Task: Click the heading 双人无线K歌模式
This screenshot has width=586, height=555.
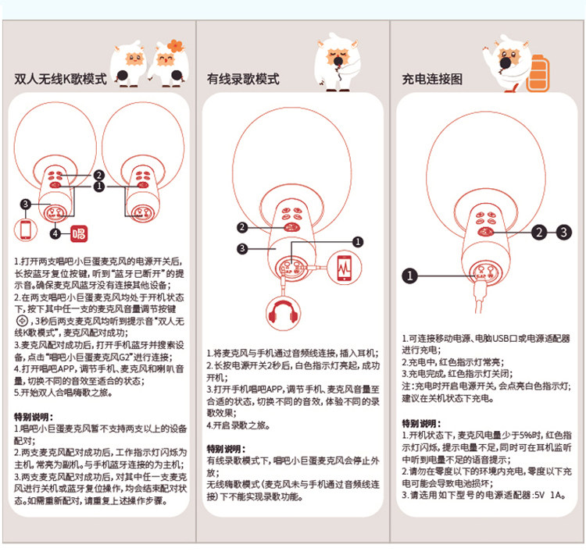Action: coord(60,80)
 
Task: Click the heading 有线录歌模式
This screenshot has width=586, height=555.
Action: coord(243,80)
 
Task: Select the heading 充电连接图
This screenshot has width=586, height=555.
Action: coord(432,80)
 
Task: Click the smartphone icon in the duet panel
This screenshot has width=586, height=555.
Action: coord(26,230)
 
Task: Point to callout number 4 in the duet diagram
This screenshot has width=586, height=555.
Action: coord(55,233)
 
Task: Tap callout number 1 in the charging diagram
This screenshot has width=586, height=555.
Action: coord(411,275)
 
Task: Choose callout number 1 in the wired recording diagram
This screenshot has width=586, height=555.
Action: coord(357,242)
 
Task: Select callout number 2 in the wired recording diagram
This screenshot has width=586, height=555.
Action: coord(243,227)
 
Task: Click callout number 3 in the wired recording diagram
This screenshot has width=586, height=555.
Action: coord(243,248)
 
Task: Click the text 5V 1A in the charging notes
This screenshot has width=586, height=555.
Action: coord(548,494)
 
